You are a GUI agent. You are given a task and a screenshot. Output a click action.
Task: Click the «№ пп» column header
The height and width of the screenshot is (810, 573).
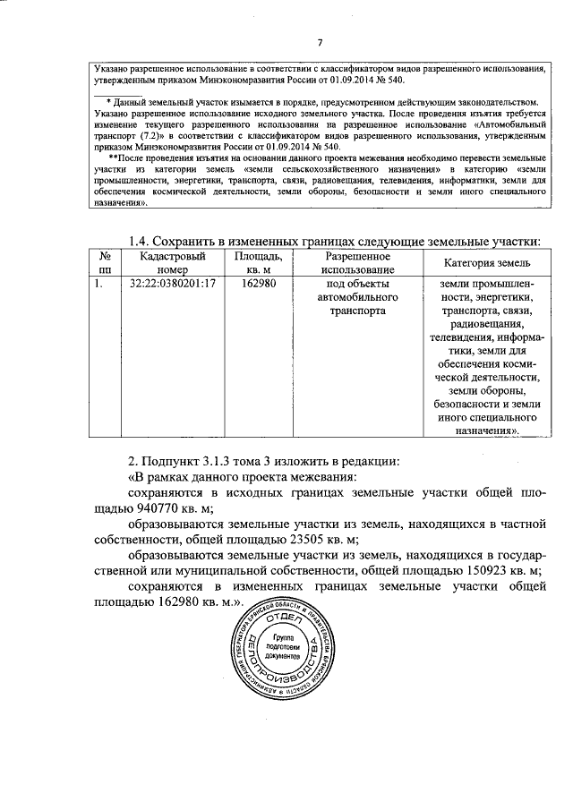coord(106,262)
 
